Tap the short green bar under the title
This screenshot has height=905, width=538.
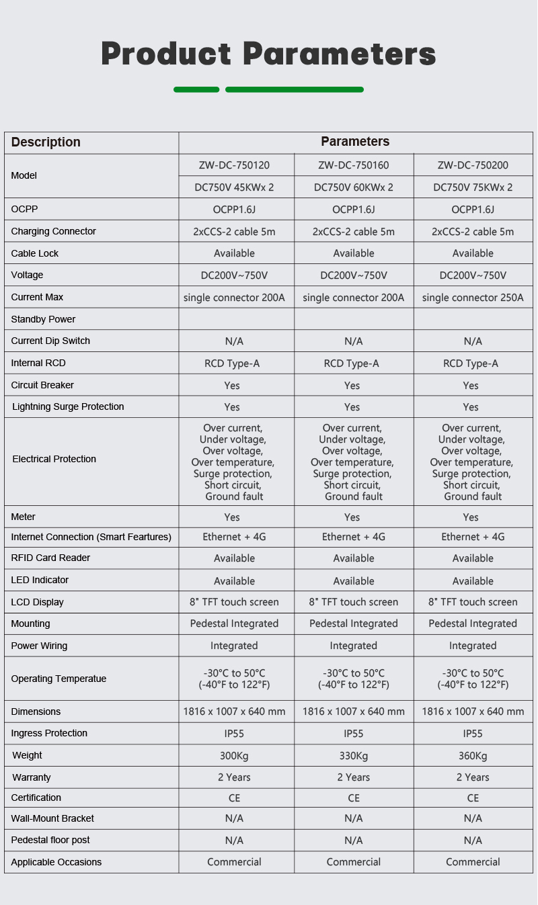[x=196, y=89]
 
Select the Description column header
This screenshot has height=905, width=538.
[x=46, y=142]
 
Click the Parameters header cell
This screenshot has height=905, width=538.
[x=354, y=142]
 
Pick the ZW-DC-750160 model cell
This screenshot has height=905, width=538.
[x=354, y=165]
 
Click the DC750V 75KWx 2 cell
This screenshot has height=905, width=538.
[x=473, y=187]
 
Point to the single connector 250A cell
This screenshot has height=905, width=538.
[x=473, y=298]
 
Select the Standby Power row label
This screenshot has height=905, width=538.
[x=43, y=319]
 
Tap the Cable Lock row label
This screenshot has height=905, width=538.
[x=35, y=253]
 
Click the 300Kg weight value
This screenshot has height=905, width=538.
[x=234, y=756]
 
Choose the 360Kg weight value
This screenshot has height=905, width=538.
[x=473, y=756]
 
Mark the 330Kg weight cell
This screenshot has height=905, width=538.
[x=354, y=756]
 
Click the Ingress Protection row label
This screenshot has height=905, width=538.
[x=49, y=733]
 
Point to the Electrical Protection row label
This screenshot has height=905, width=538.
[x=54, y=459]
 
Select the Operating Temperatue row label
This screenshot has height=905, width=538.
[x=59, y=679]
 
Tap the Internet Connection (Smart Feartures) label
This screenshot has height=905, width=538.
[x=91, y=537]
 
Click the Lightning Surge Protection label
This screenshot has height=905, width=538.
[x=68, y=406]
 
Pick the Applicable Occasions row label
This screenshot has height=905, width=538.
[x=56, y=862]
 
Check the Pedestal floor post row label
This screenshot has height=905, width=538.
[x=50, y=840]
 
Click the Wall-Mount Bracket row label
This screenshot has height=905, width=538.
[x=52, y=818]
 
